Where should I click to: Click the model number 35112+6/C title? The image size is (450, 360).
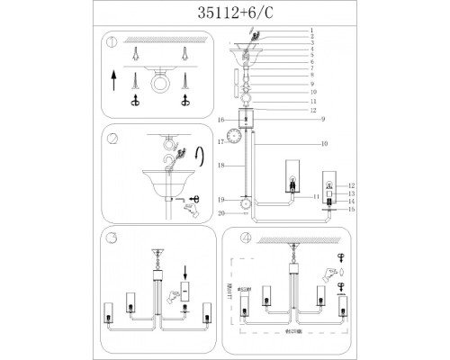(224, 13)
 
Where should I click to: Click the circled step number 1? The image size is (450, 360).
(112, 42)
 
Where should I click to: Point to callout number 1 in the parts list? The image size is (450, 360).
(311, 31)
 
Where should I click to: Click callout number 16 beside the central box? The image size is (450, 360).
(220, 119)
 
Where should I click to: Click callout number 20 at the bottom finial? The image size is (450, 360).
(220, 213)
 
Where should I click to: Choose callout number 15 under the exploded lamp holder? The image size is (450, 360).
(352, 209)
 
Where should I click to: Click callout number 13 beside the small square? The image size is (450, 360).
(352, 193)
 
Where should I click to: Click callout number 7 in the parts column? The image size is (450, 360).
(311, 68)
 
